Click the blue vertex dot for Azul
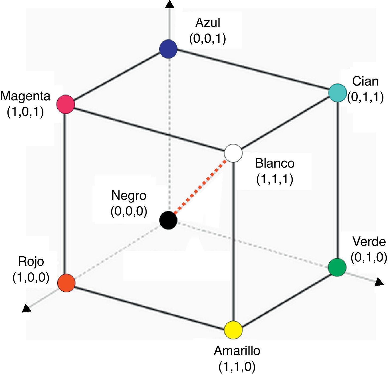(168, 49)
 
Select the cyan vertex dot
(338, 93)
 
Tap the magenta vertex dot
(66, 104)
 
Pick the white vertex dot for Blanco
(233, 153)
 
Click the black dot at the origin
(168, 220)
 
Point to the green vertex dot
(337, 267)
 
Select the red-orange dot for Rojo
(66, 283)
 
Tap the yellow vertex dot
(233, 330)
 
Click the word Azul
(208, 23)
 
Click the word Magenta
(25, 96)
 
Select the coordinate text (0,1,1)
(365, 97)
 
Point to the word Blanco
(274, 163)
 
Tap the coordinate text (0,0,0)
(129, 211)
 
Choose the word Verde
(369, 242)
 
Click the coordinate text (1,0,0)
(31, 278)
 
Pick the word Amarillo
(237, 351)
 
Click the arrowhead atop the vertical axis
(169, 4)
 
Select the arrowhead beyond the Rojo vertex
(26, 308)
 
